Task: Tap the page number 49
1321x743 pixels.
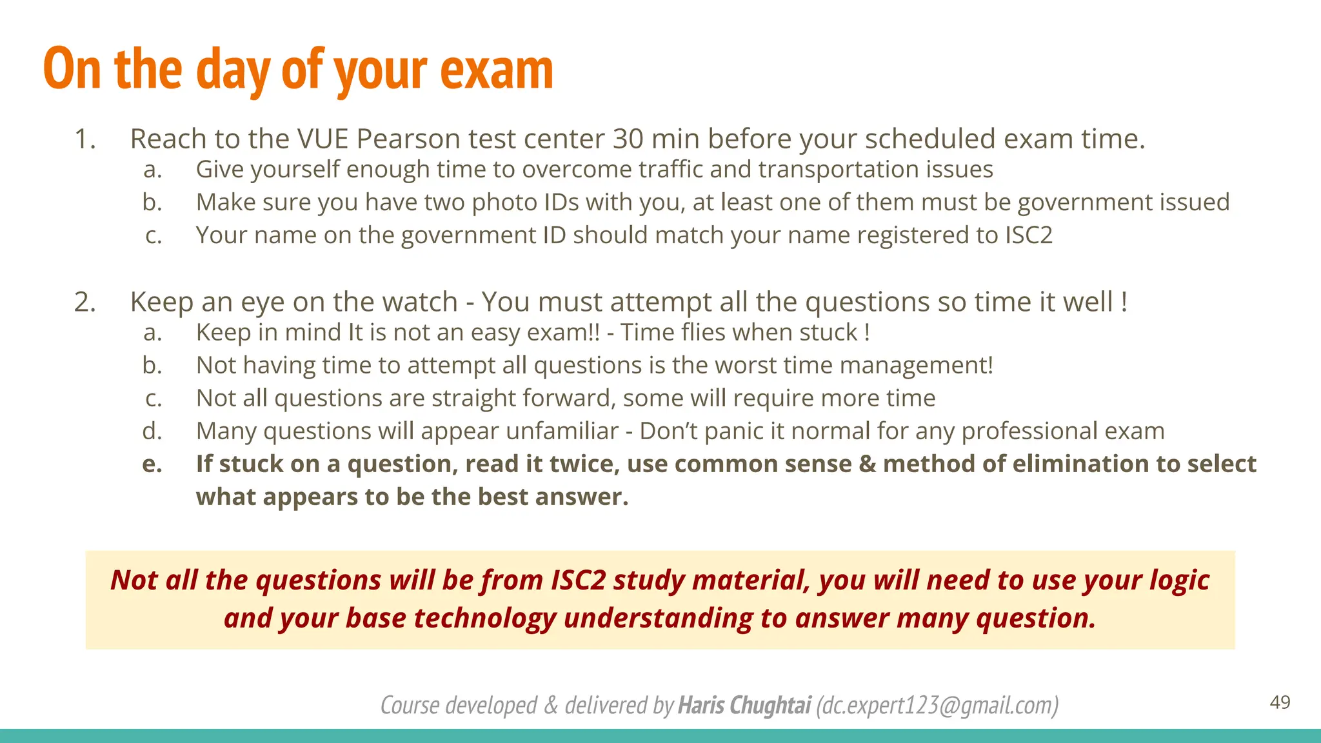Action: click(x=1280, y=702)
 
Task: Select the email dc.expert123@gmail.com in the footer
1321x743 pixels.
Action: click(x=937, y=706)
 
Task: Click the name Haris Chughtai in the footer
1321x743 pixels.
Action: click(x=744, y=706)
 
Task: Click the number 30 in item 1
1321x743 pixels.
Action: click(x=628, y=139)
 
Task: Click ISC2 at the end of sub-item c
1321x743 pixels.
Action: click(x=1029, y=235)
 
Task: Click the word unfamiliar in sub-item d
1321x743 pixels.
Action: click(x=562, y=431)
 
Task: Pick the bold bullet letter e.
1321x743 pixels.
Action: click(x=152, y=464)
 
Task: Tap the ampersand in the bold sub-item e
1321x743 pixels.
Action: click(x=867, y=464)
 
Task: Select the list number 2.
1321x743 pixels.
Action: click(x=84, y=302)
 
